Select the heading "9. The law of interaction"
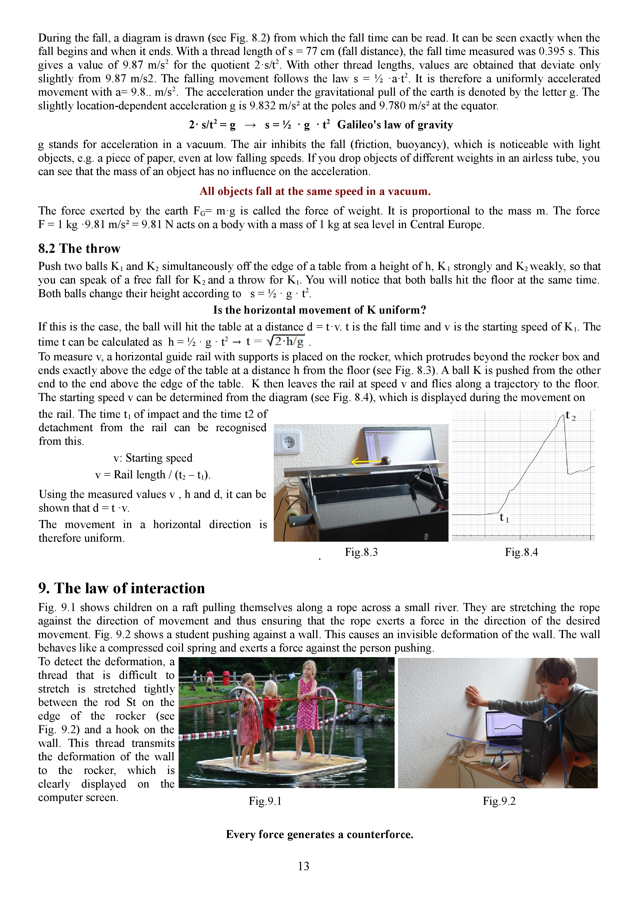tap(121, 588)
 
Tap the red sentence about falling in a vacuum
tap(315, 191)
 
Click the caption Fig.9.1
tap(265, 801)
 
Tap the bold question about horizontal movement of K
tap(319, 310)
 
